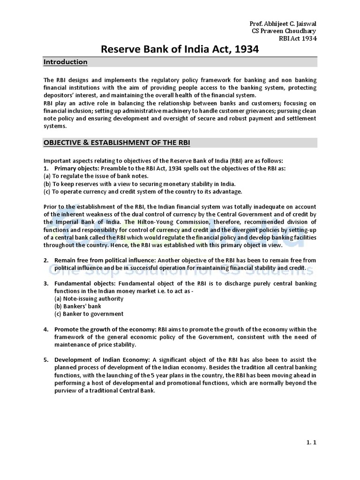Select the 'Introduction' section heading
point(65,62)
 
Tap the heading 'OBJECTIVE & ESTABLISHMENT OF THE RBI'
point(117,142)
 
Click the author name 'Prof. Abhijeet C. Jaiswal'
point(284,24)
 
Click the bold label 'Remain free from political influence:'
point(105,260)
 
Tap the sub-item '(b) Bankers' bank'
point(78,307)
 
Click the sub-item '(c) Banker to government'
point(89,314)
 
